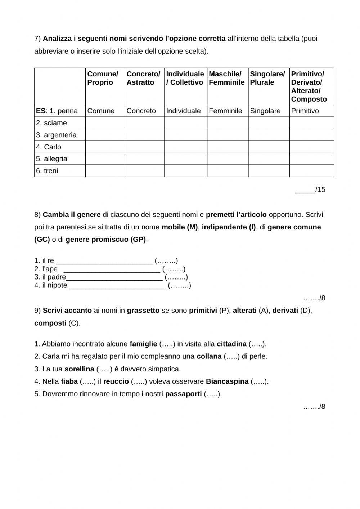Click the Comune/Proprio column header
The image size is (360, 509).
point(103,78)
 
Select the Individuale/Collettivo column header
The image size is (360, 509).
point(185,78)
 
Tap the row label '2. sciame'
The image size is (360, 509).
point(51,123)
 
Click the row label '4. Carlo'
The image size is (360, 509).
point(49,147)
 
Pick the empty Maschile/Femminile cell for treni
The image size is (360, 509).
point(228,171)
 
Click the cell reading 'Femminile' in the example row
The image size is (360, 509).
point(225,111)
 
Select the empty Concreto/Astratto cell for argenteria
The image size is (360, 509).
point(144,135)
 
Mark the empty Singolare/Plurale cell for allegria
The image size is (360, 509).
point(269,159)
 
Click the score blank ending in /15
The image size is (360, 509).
point(305,190)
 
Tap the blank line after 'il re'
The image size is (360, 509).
point(104,261)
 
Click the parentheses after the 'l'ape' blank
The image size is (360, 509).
point(174,269)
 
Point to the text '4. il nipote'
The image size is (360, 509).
point(51,286)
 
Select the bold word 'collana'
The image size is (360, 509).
point(209,357)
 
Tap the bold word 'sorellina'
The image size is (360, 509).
point(79,369)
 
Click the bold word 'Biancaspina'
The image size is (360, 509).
point(227,381)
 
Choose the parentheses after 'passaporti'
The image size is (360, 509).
point(212,394)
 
